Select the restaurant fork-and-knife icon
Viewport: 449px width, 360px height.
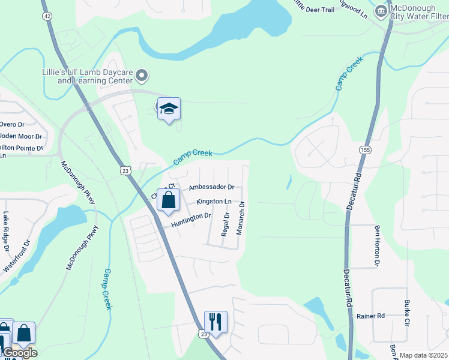215,322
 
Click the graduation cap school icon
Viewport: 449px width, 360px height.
169,108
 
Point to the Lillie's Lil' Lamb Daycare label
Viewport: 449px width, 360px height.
87,76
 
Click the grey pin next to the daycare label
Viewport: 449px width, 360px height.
142,75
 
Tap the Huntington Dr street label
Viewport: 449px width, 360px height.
191,220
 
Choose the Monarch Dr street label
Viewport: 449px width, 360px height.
241,217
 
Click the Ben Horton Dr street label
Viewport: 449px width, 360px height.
378,245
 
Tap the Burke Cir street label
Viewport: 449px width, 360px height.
408,308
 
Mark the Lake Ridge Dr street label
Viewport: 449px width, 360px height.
6,231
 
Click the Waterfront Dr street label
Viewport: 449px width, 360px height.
18,257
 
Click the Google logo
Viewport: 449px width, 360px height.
19,353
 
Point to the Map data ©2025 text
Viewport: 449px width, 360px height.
423,355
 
